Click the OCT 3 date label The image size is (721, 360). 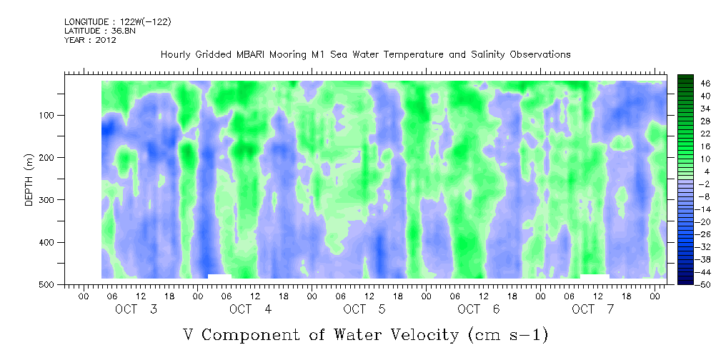tap(136, 309)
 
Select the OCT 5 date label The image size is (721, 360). tap(364, 309)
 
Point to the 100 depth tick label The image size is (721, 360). tap(56, 116)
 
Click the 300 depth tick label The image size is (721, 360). tap(56, 200)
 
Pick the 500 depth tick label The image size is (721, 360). tap(56, 285)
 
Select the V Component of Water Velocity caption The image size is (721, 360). tap(365, 334)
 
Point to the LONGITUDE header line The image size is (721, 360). tap(117, 22)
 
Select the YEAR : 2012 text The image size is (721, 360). tap(90, 41)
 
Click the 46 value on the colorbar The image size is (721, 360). tap(685, 83)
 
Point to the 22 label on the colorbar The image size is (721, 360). tap(685, 134)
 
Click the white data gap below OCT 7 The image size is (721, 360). tap(595, 276)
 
